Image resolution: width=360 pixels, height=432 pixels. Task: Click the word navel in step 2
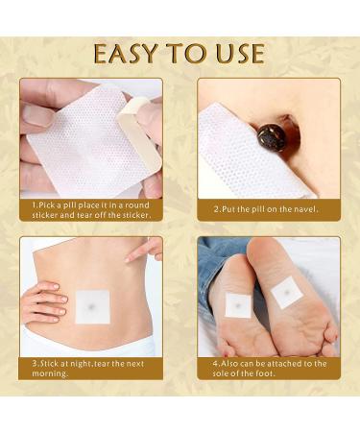pyautogui.click(x=304, y=207)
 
